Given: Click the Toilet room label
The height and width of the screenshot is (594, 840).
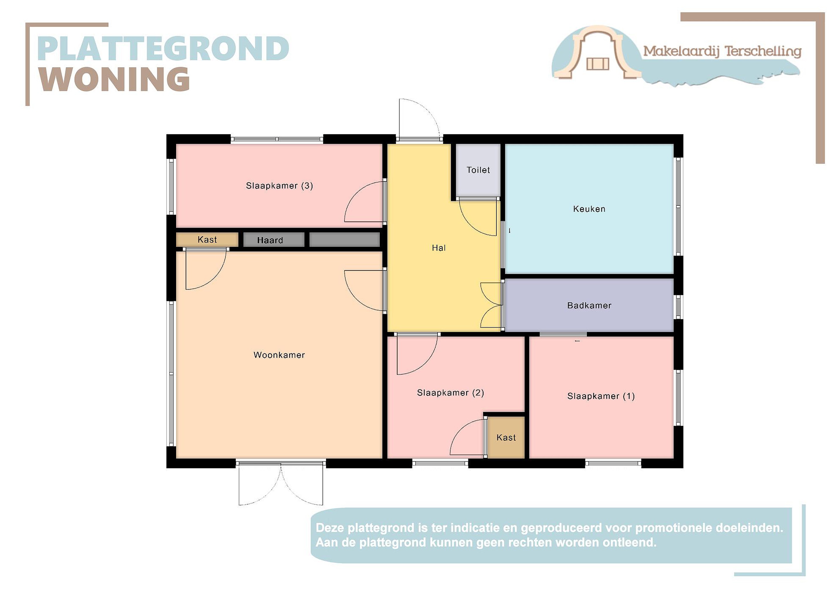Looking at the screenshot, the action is (478, 170).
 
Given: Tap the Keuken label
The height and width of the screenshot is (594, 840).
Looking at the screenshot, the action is (589, 209).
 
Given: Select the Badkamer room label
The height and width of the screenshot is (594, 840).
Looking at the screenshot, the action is (589, 305).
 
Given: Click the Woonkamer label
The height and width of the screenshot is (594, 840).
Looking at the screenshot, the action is (279, 355).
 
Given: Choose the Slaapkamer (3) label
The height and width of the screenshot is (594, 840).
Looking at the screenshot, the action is (279, 186).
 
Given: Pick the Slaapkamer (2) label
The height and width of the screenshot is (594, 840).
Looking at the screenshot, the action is (450, 393).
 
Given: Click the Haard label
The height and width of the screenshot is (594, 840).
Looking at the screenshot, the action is (270, 240).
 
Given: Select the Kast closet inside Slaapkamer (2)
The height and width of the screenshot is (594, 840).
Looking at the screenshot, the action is (506, 437).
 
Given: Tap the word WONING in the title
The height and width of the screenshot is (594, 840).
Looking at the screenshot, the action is (114, 79).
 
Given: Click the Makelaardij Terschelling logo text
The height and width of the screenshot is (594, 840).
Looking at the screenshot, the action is (722, 51).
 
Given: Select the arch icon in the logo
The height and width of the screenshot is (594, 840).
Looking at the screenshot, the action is (598, 52).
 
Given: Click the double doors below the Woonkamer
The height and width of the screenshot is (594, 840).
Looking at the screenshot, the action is (281, 484).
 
